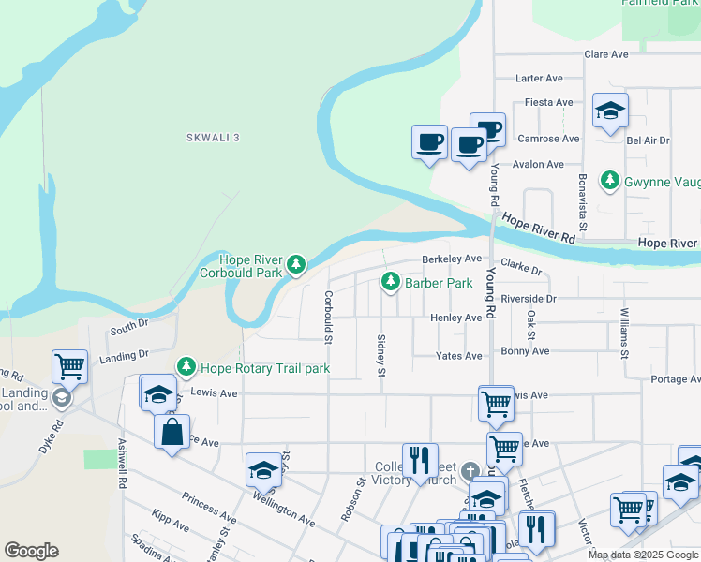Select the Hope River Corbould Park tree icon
click(296, 265)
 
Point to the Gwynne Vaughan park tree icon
click(610, 179)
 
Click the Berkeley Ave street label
click(452, 259)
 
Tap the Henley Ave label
click(455, 318)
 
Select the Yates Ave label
click(459, 356)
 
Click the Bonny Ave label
click(525, 350)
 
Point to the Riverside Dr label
click(529, 299)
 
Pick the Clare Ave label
click(605, 54)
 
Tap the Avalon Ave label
click(538, 164)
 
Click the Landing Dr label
click(124, 356)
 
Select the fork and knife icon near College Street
click(420, 460)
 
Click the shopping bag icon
click(171, 433)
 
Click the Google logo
click(31, 551)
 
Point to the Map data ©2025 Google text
click(642, 555)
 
